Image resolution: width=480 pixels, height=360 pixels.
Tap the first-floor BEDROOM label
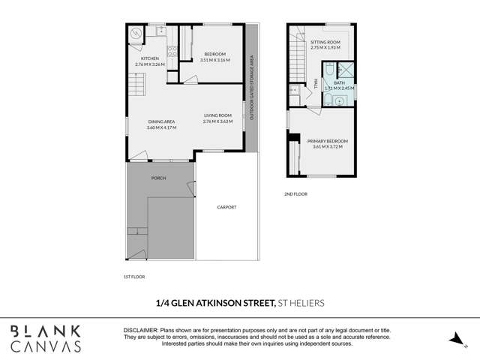point(214,54)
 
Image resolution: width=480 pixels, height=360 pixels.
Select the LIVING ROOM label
point(217,115)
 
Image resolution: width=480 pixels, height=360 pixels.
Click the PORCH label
point(158,178)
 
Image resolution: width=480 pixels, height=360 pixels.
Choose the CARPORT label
point(226,207)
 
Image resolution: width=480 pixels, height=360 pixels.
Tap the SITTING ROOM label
point(325,42)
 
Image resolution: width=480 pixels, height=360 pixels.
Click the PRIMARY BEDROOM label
point(327,141)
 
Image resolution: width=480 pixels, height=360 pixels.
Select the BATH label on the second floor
point(339,82)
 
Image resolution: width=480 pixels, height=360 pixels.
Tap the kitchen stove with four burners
point(171,52)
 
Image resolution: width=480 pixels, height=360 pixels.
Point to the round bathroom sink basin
point(339,100)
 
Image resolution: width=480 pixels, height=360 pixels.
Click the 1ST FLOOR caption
point(133,277)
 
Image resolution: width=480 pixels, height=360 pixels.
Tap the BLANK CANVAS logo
point(56,338)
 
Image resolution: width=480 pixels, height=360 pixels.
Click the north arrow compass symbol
point(454,340)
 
